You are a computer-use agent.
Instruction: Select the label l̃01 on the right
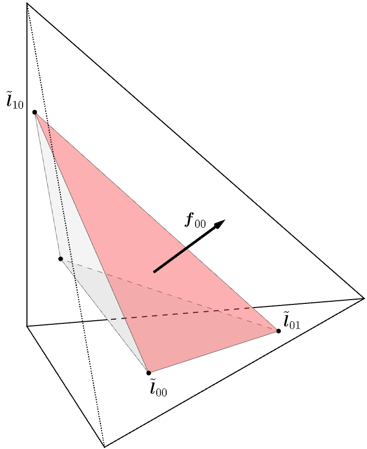point(291,321)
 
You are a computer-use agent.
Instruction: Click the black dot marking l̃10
point(35,113)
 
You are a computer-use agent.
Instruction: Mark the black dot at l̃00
point(149,373)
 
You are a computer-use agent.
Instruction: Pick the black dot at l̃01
point(279,331)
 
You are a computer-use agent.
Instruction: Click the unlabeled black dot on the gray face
point(60,259)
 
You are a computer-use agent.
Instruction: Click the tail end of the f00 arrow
point(155,271)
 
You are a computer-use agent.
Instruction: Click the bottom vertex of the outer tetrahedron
point(105,446)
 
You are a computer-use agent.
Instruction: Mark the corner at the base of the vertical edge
point(27,326)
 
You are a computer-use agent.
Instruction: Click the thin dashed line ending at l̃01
point(174,294)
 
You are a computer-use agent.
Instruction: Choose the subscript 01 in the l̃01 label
point(295,325)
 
